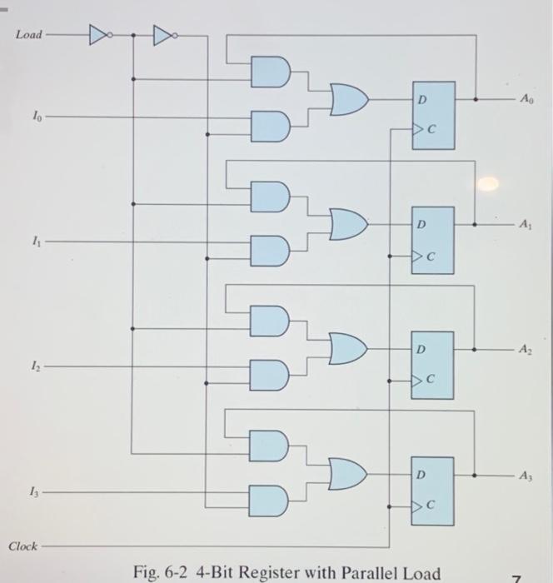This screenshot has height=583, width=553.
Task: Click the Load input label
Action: [28, 36]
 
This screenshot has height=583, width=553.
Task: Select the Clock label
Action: [23, 546]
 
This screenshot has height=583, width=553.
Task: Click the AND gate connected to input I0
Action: [272, 123]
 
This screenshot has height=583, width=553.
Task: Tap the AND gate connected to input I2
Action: [272, 374]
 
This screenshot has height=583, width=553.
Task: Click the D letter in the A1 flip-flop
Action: [421, 225]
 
